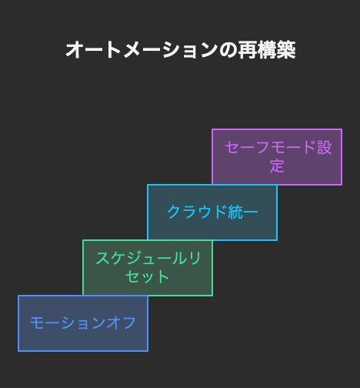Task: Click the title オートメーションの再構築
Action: [x=181, y=50]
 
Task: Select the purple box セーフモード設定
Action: [x=277, y=157]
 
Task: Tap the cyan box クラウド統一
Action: [x=212, y=212]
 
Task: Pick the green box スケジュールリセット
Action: [x=148, y=268]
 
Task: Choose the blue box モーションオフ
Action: [x=83, y=323]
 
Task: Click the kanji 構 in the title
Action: [x=267, y=50]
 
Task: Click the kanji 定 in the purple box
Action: [x=277, y=166]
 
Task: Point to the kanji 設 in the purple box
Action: [x=325, y=148]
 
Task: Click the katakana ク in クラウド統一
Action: [x=175, y=212]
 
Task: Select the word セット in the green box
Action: [x=147, y=276]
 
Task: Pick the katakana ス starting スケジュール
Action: [x=102, y=258]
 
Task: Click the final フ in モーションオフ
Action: [x=129, y=323]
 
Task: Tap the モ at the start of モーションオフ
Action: [x=38, y=323]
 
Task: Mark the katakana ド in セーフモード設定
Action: [x=309, y=147]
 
